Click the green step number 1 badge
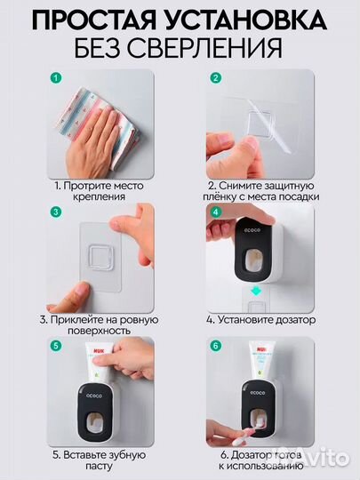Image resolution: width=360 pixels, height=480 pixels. (x=56, y=78)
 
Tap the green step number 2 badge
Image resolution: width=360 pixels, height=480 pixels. (x=214, y=78)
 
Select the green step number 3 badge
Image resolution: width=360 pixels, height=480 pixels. (x=56, y=212)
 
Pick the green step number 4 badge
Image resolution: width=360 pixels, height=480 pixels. (x=214, y=212)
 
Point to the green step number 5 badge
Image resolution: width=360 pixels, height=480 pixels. (x=56, y=346)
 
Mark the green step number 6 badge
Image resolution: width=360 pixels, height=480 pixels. (x=214, y=346)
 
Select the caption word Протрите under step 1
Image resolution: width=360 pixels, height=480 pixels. (x=80, y=184)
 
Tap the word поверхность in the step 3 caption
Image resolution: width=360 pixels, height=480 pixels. (x=86, y=331)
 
